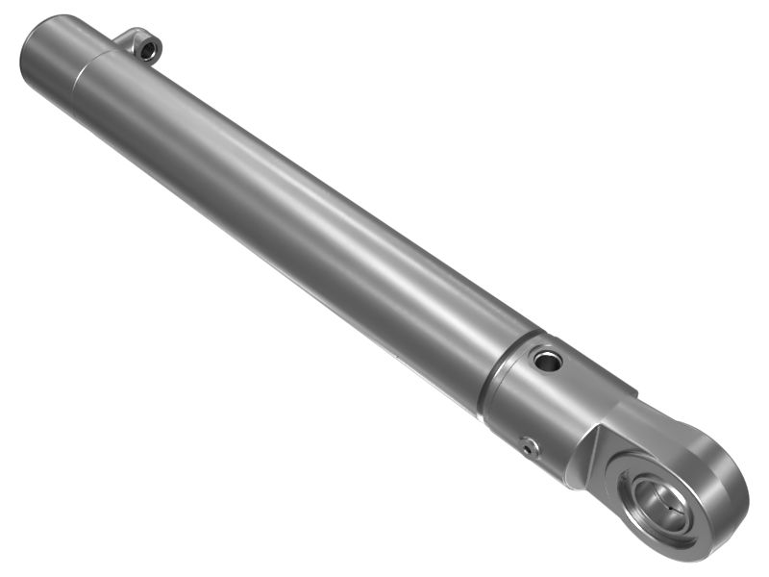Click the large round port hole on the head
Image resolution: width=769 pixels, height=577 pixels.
548,362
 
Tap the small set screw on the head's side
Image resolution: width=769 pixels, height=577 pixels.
528,446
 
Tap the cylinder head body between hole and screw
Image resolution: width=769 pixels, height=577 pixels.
538,404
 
